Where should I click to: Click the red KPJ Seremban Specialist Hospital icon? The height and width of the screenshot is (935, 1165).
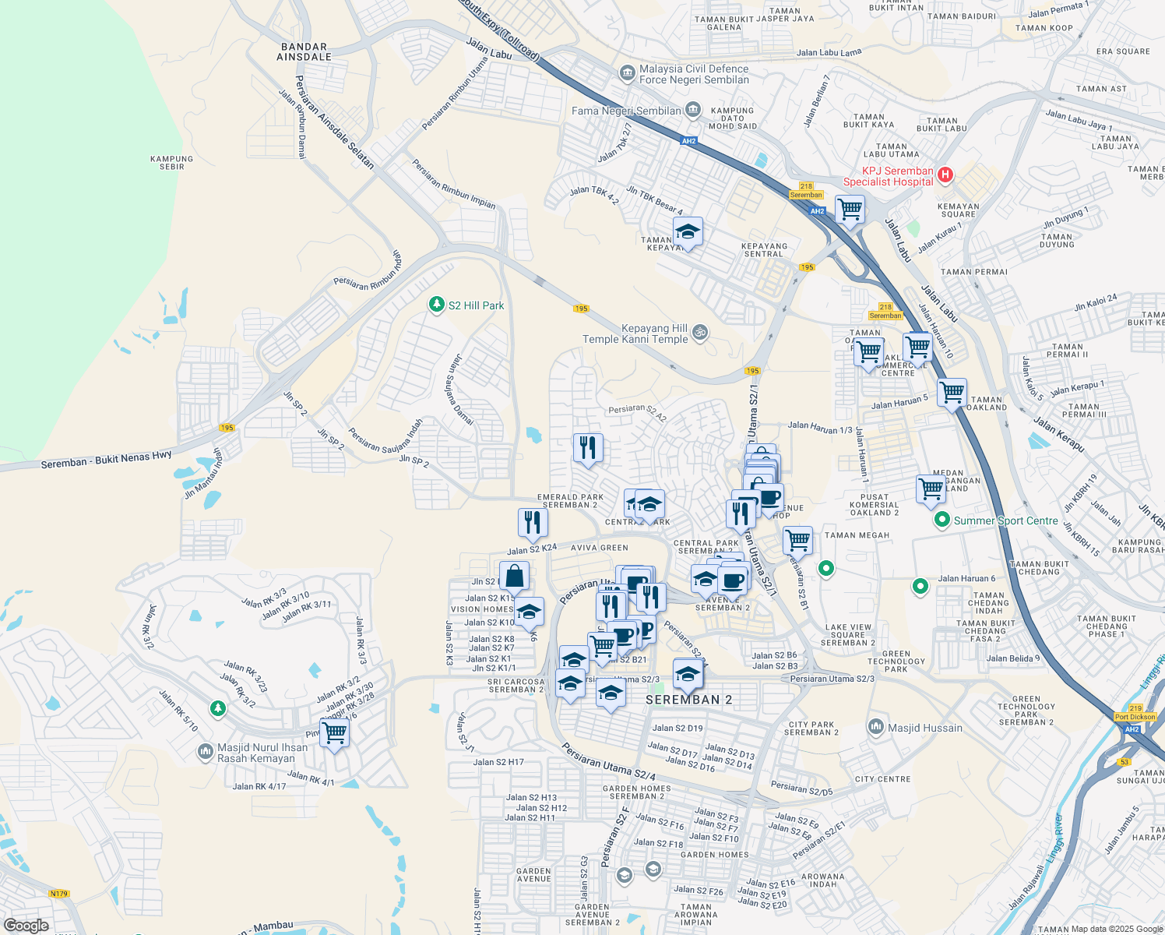point(945,175)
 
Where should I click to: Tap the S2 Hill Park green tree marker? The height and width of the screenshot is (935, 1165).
point(437,305)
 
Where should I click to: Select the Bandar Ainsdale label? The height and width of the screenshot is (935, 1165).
point(304,52)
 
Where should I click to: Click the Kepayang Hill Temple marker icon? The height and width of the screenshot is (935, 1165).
point(700,333)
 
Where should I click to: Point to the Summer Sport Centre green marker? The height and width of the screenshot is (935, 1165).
point(942,520)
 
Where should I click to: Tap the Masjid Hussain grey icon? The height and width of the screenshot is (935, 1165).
point(876,728)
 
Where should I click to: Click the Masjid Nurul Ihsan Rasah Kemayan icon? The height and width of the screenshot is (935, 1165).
point(206,751)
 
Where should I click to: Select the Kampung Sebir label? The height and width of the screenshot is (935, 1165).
point(171,162)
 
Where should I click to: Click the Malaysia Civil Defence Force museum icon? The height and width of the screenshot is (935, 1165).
point(627,73)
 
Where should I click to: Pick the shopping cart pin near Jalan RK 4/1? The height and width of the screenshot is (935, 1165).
point(334,732)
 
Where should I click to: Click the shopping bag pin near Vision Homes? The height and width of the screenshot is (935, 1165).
point(514,577)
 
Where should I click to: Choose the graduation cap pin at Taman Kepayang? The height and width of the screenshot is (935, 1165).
point(688,232)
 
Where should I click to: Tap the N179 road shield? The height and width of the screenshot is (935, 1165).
point(59,894)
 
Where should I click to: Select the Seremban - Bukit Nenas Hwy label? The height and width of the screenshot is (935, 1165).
point(106,460)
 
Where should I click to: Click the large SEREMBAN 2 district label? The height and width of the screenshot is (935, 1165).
point(688,700)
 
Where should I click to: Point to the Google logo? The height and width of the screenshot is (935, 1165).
point(26,925)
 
